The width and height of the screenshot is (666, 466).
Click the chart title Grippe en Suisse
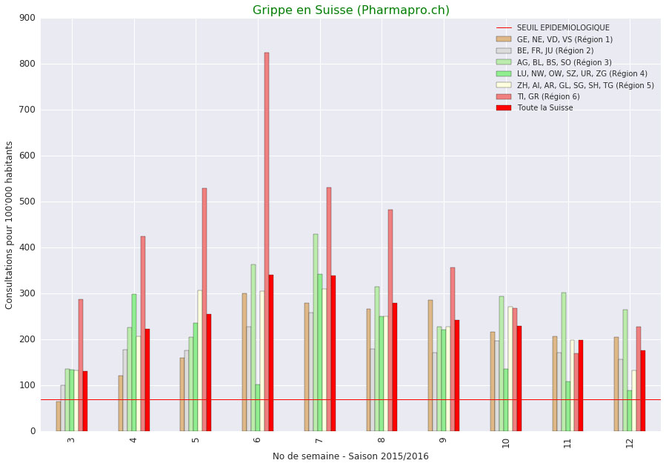[x=350, y=10]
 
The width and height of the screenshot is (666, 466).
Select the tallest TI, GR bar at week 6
[x=267, y=242]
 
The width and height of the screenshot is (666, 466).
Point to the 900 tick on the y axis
[x=27, y=18]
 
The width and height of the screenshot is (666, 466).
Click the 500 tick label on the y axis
[x=27, y=202]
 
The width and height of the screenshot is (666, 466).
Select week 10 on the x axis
[x=506, y=443]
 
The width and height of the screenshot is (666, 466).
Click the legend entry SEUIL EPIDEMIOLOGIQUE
[x=563, y=28]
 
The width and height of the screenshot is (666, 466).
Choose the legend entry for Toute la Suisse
[x=545, y=108]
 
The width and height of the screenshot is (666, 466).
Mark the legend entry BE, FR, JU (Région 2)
[x=555, y=51]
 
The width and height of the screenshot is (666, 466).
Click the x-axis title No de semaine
[x=350, y=456]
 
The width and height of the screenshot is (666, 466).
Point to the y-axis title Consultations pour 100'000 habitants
[x=10, y=224]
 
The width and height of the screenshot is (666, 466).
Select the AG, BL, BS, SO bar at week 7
[x=316, y=333]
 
